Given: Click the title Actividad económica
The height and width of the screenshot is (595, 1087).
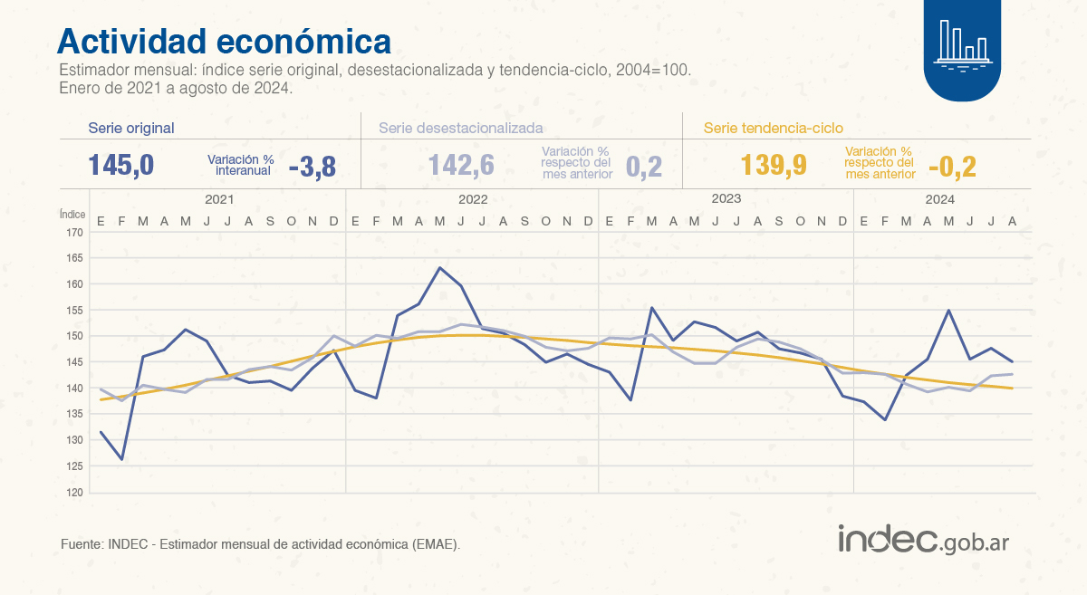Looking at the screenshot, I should coord(225,42).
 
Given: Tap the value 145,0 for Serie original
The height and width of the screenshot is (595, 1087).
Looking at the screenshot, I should coord(120,166).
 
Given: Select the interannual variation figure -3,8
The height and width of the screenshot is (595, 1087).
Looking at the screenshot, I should coord(313,166).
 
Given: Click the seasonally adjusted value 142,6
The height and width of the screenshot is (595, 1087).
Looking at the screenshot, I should coord(461,166).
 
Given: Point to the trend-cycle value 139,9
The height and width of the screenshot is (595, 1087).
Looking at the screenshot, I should coord(773,166).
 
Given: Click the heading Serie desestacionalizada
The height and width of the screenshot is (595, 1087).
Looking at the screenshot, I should coord(461,129).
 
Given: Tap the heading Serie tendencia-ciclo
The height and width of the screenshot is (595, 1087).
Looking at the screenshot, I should coord(774,129).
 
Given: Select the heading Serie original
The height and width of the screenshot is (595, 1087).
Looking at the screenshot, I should coord(131,129).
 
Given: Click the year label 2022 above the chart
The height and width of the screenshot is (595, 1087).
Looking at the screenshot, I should coord(473,199).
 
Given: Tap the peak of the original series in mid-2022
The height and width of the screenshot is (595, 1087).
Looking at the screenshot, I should coord(439,268).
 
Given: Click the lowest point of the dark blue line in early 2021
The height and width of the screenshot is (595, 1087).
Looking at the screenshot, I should coord(121,459).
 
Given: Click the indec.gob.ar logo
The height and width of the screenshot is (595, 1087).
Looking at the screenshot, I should coord(922,541).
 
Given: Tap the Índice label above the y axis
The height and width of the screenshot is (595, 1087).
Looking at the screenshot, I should coord(72,215).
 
